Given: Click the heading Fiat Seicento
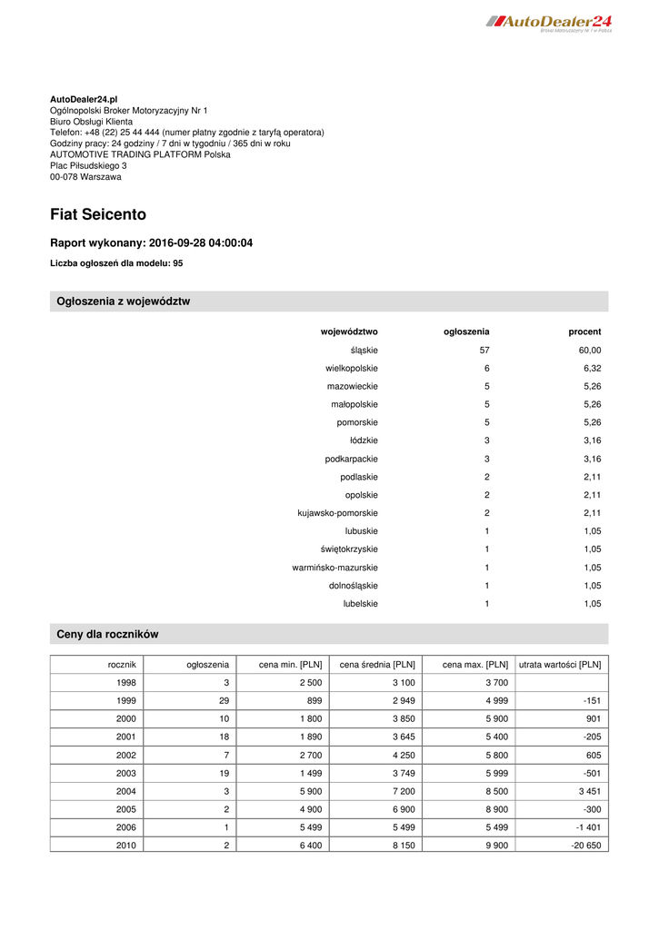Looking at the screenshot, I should click(98, 215).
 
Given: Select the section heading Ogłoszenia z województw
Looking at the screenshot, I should click(124, 302).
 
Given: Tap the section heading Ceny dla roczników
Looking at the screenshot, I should click(108, 634).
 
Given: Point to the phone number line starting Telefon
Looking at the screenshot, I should click(186, 132).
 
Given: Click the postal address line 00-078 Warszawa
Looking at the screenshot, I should click(85, 177).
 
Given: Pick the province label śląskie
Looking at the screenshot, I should click(364, 350).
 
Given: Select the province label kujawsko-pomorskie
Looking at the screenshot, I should click(337, 513).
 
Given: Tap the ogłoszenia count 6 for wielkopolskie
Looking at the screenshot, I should click(486, 368).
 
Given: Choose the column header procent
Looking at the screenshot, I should click(584, 331).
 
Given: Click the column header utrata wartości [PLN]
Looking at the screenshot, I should click(559, 665).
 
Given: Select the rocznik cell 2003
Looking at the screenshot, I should click(126, 773).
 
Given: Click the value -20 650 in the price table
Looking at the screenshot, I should click(582, 846).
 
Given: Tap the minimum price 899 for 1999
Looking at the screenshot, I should click(311, 700).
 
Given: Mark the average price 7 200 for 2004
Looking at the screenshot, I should click(403, 791).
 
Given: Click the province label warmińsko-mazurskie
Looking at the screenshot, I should click(334, 568).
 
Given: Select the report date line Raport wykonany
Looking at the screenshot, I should click(151, 243).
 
